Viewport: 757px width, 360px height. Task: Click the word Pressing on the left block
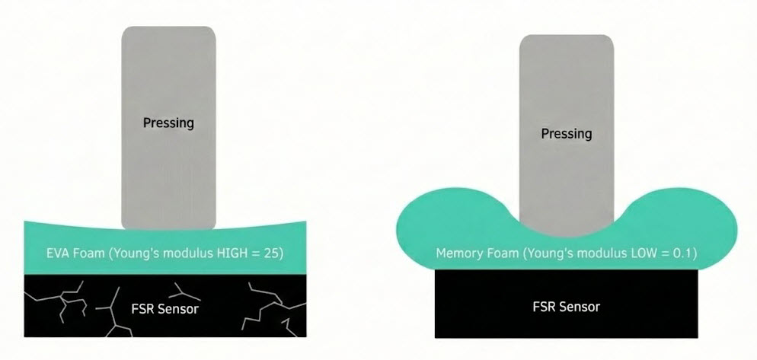(168, 122)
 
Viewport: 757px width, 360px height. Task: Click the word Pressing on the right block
(566, 133)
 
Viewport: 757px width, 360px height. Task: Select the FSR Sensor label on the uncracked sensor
(566, 307)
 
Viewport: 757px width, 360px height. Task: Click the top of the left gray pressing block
(168, 32)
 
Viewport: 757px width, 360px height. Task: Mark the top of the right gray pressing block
(566, 40)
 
